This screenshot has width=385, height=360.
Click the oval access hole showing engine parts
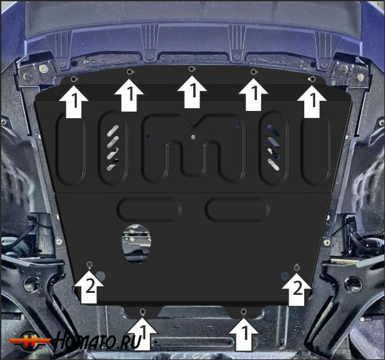(135, 245)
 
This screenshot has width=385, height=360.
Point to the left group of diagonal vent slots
(112, 146)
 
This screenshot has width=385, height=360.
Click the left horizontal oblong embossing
(149, 209)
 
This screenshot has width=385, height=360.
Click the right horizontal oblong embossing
(236, 209)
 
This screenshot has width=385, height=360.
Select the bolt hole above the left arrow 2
(90, 265)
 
